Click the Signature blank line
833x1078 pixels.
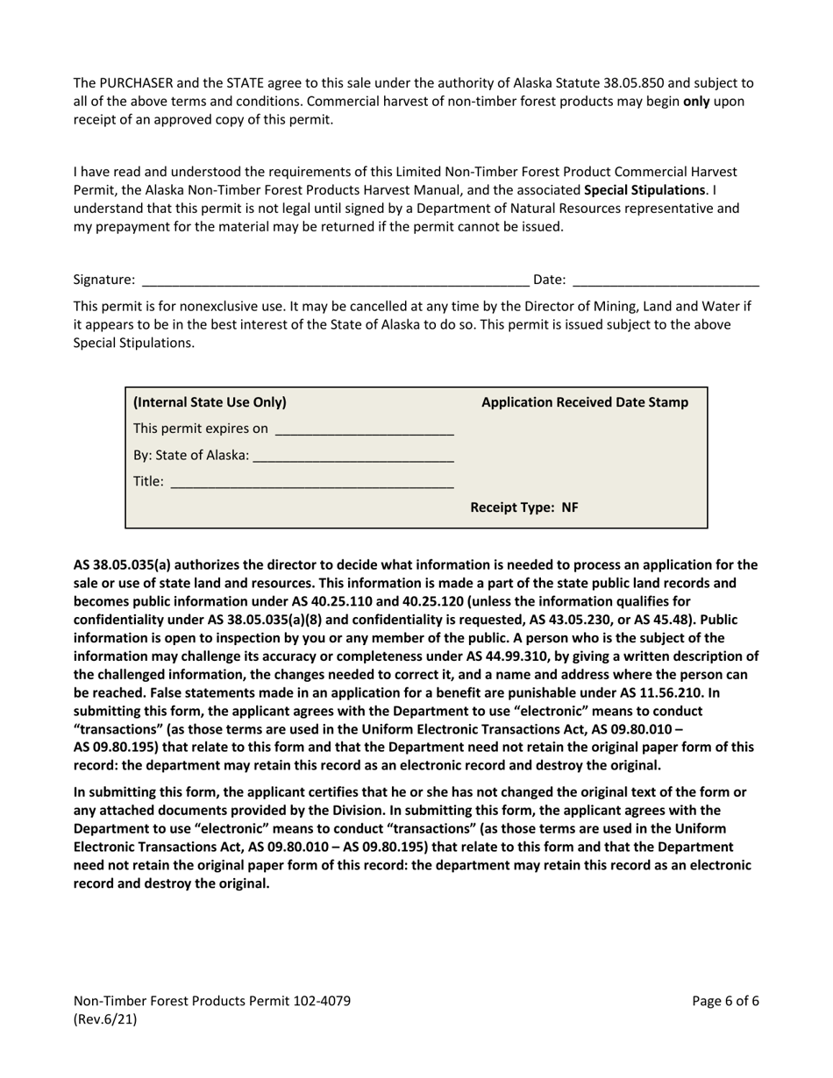tap(335, 281)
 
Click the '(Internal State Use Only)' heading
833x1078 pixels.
tap(210, 402)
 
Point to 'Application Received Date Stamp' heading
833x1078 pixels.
tap(585, 402)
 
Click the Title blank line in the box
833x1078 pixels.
tap(311, 483)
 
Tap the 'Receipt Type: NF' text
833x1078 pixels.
tap(524, 507)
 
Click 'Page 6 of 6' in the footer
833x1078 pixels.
tap(724, 1001)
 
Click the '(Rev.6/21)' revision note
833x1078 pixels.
tap(105, 1019)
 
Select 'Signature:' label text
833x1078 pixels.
tap(104, 280)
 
